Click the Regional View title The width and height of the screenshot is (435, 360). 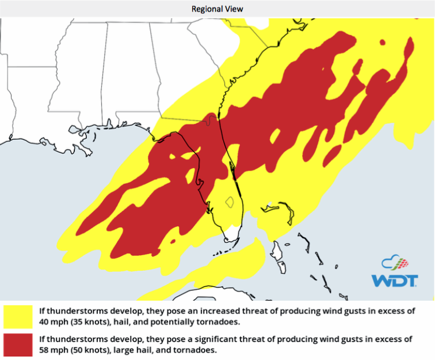(217, 9)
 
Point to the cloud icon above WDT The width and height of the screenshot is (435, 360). (394, 263)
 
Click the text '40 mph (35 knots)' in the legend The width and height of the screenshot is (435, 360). (67, 321)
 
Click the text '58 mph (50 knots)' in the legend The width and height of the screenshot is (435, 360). (67, 350)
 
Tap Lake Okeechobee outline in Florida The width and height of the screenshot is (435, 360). (230, 202)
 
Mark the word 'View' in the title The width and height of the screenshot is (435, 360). (234, 9)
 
